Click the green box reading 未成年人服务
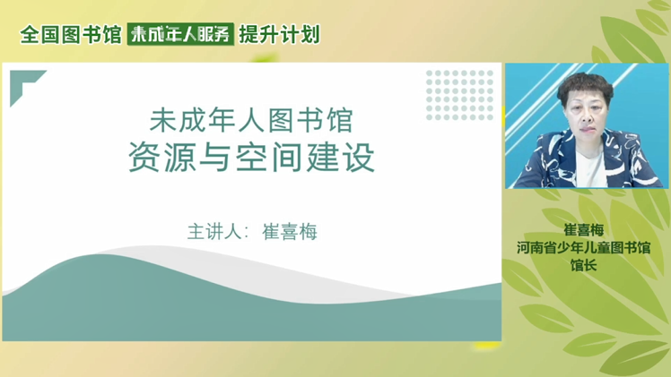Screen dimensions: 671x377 [x=180, y=34]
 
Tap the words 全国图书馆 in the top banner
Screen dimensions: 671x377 [x=71, y=34]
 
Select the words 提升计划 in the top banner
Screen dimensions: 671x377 [x=280, y=34]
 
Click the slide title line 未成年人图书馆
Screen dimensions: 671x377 [x=251, y=120]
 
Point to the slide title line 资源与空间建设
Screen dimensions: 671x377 [x=251, y=157]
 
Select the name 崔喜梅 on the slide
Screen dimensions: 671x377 [x=290, y=232]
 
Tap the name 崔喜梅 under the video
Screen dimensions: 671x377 [x=584, y=230]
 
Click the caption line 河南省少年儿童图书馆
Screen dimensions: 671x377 [x=584, y=248]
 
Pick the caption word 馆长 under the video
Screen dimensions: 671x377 [x=584, y=265]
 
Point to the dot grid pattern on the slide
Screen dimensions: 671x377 [x=459, y=95]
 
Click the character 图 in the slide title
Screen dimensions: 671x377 [x=281, y=120]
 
